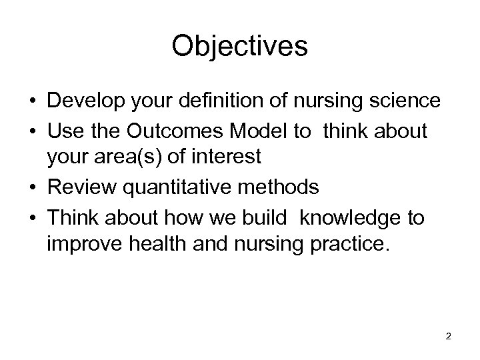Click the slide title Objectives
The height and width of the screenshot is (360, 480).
pyautogui.click(x=239, y=46)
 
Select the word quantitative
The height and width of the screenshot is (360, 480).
pyautogui.click(x=175, y=188)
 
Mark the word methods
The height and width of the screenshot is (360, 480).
pyautogui.click(x=279, y=188)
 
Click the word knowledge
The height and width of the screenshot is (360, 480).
pyautogui.click(x=357, y=217)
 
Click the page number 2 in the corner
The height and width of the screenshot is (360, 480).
pyautogui.click(x=448, y=336)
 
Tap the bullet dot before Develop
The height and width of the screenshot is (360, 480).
pyautogui.click(x=33, y=101)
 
